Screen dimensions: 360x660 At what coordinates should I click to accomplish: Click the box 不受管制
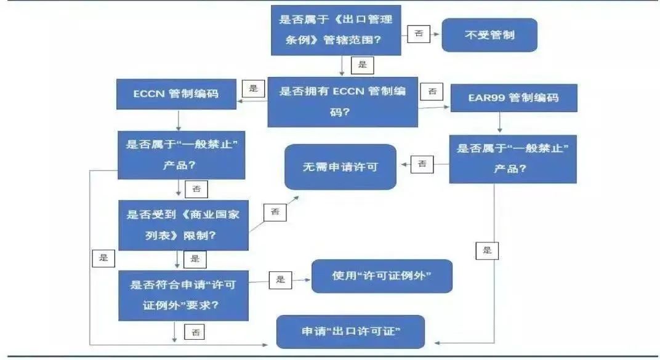[489, 35]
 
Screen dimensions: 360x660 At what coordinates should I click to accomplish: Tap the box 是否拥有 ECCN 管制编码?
[342, 102]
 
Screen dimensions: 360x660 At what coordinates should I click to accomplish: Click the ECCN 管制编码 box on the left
[176, 95]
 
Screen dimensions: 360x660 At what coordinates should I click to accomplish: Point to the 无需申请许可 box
[340, 167]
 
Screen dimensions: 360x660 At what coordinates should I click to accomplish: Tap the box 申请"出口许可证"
[351, 332]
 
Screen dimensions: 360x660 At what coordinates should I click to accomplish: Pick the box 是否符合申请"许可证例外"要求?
[183, 295]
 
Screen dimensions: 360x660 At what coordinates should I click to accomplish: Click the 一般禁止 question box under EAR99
[512, 158]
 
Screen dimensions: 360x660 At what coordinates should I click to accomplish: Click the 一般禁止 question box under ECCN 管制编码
[182, 154]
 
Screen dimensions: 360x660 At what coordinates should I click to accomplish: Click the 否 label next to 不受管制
[419, 34]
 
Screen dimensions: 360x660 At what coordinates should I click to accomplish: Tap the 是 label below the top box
[362, 64]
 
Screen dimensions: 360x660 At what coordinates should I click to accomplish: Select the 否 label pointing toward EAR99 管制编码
[432, 91]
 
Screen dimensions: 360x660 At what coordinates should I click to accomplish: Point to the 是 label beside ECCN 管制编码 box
[254, 88]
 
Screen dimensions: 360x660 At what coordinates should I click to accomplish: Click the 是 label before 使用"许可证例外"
[281, 280]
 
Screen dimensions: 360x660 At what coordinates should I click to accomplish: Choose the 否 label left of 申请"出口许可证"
[196, 332]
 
